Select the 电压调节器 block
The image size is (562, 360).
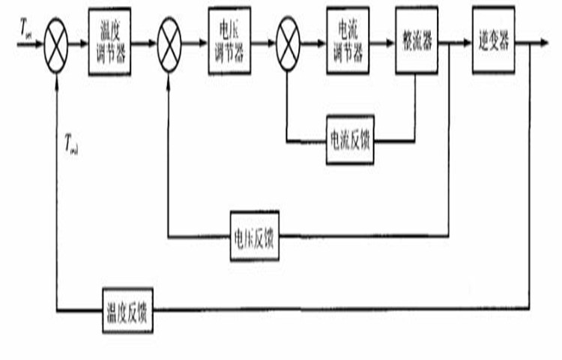[x=229, y=42]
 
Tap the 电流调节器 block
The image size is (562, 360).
[x=348, y=42]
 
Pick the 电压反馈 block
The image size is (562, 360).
[x=254, y=236]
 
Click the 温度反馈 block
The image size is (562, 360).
[x=127, y=308]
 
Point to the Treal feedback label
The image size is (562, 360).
[x=71, y=142]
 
